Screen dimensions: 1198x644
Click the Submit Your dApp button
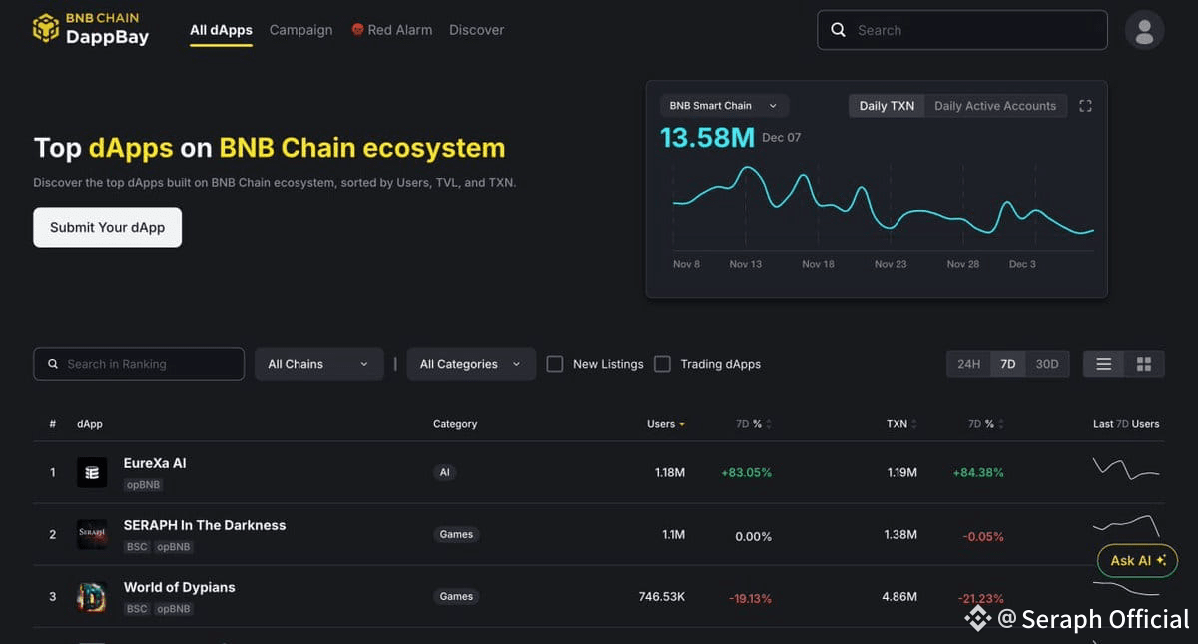[x=107, y=227]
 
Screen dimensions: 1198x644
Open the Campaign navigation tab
[x=300, y=30]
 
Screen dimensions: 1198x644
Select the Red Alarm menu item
[x=392, y=30]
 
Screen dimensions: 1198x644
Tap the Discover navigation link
[x=476, y=30]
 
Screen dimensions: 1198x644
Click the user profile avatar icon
[x=1144, y=31]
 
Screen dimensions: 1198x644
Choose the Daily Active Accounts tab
[x=995, y=106]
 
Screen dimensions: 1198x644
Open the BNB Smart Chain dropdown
[x=723, y=106]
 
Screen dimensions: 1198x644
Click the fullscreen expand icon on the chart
[x=1085, y=106]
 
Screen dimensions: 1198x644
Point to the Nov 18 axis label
[x=818, y=264]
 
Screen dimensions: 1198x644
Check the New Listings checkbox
[x=555, y=364]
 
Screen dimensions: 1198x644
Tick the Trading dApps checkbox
[x=662, y=364]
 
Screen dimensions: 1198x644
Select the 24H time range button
[x=968, y=364]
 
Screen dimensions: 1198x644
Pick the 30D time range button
[x=1046, y=364]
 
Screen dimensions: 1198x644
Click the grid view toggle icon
[x=1144, y=364]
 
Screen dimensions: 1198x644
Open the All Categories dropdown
[x=471, y=364]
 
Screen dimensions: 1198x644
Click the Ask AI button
[x=1137, y=560]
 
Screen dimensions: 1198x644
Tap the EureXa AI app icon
[x=92, y=472]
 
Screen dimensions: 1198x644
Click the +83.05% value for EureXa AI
[x=746, y=473]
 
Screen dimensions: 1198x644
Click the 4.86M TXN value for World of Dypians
[x=899, y=596]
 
